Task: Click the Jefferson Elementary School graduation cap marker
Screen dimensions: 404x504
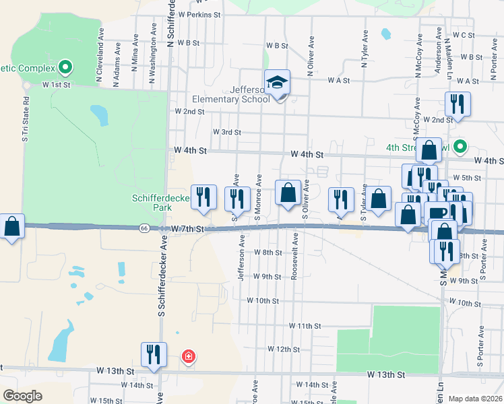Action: click(x=277, y=83)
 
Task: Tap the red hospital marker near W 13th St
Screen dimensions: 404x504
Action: click(x=189, y=356)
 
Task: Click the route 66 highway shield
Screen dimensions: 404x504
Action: click(x=145, y=228)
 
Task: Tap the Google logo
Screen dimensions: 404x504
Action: click(x=22, y=396)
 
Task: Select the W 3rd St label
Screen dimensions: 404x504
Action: click(x=226, y=132)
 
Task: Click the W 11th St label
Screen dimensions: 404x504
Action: click(x=305, y=325)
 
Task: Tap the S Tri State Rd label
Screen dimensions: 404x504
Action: click(x=26, y=118)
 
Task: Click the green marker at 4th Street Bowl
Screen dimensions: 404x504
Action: click(x=460, y=145)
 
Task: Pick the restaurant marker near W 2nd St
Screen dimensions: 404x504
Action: click(x=458, y=105)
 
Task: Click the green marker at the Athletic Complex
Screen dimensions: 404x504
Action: click(x=65, y=67)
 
